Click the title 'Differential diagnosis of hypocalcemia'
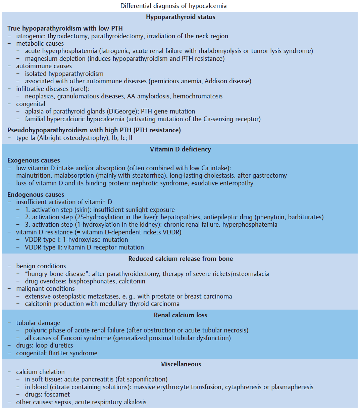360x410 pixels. coord(173,6)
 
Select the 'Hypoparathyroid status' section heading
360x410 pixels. coord(181,17)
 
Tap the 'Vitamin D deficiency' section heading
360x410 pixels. coord(181,149)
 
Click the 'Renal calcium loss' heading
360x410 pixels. coord(181,315)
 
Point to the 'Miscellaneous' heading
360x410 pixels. coord(181,364)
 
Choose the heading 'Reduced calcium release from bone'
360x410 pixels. coord(181,259)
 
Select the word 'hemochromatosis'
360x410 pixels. coord(198,96)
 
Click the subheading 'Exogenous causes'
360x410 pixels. coord(34,160)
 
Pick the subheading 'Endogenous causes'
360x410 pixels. coord(36,194)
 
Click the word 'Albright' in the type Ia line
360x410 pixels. coord(51,138)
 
